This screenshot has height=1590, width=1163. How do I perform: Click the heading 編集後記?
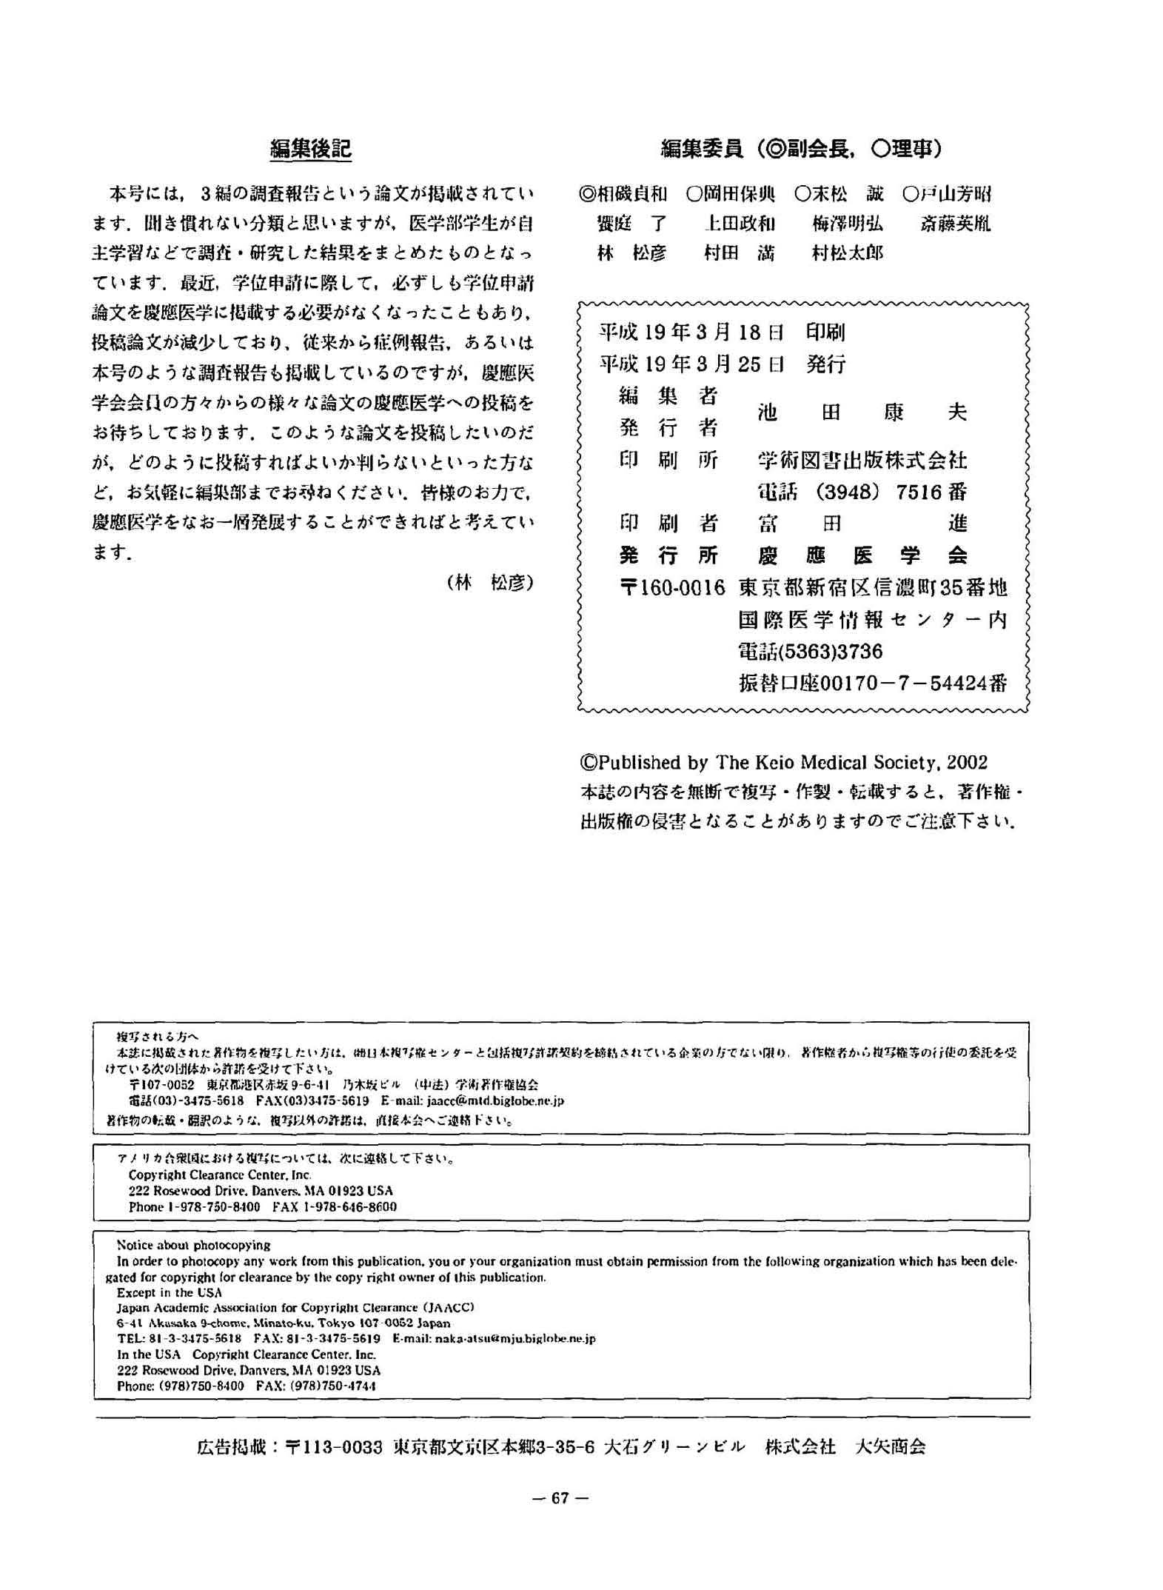[x=310, y=149]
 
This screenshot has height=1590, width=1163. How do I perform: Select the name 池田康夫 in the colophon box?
[x=862, y=412]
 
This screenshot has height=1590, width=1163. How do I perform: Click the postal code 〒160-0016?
[x=671, y=588]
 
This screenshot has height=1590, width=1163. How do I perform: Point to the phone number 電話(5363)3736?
[x=811, y=652]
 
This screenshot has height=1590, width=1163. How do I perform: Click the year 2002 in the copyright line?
[x=967, y=762]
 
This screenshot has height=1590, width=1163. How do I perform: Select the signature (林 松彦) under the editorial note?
[x=490, y=583]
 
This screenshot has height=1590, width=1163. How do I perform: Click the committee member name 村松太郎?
[x=847, y=253]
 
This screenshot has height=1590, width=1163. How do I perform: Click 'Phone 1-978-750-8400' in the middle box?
[x=194, y=1206]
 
